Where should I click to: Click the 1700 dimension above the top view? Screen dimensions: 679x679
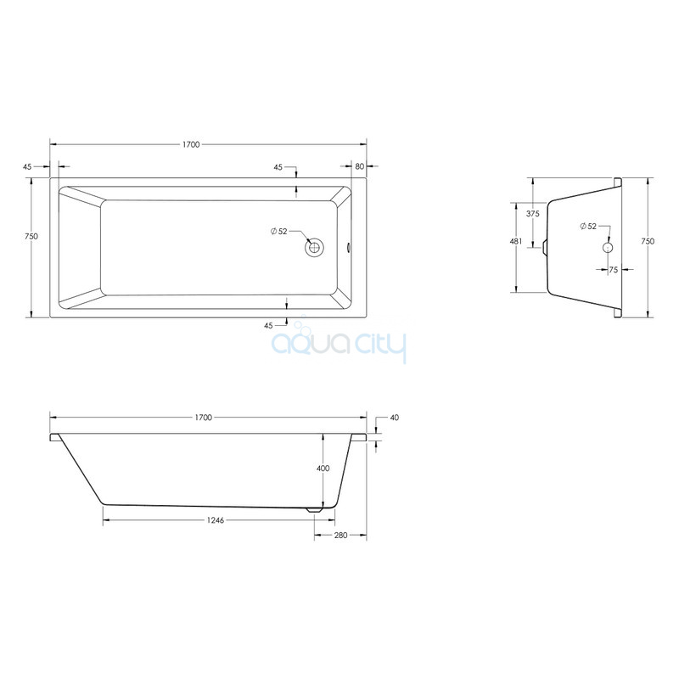(x=190, y=144)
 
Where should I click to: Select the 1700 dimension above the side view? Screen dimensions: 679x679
(x=203, y=418)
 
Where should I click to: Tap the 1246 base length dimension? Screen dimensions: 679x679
(x=216, y=520)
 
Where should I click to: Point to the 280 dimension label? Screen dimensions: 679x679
(x=341, y=536)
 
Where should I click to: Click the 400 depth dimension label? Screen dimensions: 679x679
(x=323, y=469)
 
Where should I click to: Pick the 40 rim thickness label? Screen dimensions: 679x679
(x=395, y=418)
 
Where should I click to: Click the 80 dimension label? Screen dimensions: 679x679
(x=359, y=166)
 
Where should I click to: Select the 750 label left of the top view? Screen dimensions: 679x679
(x=31, y=237)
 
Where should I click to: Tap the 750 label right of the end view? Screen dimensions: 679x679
(x=648, y=242)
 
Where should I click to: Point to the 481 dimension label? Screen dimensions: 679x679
(x=516, y=242)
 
